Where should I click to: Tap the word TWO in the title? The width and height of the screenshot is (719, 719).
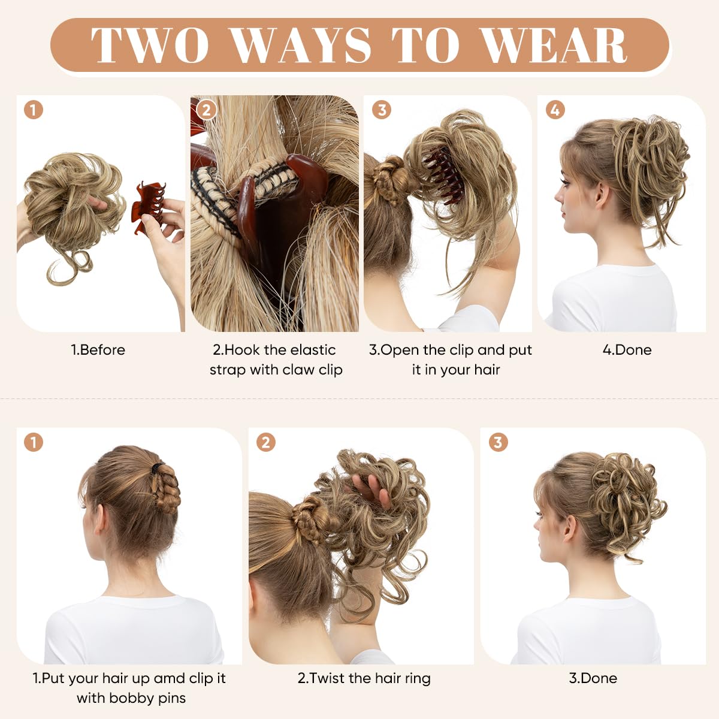pos(150,46)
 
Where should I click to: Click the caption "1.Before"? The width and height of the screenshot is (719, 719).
pos(98,350)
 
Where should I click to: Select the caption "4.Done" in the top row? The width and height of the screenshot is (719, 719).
pos(627,350)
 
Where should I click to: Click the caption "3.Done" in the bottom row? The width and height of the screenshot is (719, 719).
pos(593,678)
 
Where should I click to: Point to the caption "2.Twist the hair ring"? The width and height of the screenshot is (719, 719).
pos(364,678)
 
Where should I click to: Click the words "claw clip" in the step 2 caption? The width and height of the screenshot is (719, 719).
pos(312,370)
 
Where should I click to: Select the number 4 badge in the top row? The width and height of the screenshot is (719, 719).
pos(555,110)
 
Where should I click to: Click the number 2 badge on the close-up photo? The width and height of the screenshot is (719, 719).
pos(207,110)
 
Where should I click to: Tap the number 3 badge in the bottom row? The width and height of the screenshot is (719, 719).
pos(497,443)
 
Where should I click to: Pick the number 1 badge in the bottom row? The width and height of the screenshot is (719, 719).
pos(34,443)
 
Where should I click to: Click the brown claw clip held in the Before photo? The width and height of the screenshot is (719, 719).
pos(147,207)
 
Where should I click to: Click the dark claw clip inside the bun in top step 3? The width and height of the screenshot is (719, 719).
pos(443,174)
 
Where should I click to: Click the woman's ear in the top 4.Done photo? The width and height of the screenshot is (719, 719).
pos(601,195)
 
